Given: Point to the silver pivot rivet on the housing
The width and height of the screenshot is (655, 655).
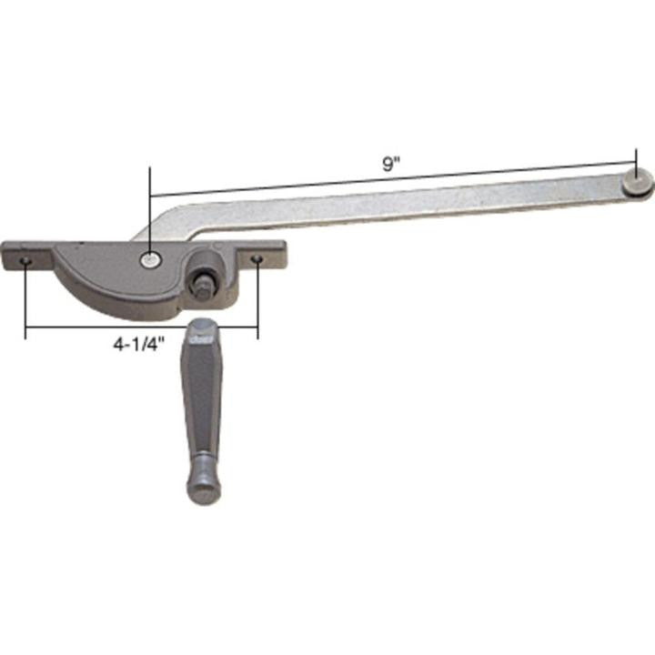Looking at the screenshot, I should (149, 260).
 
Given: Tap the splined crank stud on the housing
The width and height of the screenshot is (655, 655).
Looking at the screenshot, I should (199, 282).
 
